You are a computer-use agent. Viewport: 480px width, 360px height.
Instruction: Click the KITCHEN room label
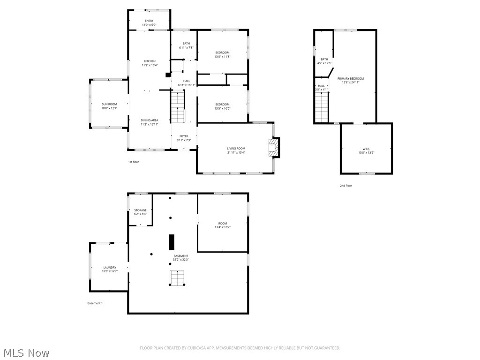pos(150,61)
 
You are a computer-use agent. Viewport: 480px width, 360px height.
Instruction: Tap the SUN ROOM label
pos(109,104)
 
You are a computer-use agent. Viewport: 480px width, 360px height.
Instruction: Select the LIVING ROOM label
pos(236,148)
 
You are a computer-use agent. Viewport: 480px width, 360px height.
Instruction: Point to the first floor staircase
pos(178,107)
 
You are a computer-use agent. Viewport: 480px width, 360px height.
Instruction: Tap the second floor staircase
pos(322,107)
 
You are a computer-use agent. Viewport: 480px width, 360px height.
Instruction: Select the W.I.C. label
pos(366,148)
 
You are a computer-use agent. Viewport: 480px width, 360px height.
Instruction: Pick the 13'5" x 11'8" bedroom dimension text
pos(222,57)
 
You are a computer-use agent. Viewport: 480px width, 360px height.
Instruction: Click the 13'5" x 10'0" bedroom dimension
pos(222,108)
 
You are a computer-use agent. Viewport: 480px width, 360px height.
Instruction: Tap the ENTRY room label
pos(149,21)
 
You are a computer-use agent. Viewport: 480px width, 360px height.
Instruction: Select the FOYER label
pos(184,136)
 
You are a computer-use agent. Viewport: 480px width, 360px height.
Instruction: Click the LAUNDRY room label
pos(109,267)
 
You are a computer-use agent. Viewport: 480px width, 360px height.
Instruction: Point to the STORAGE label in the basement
pos(140,210)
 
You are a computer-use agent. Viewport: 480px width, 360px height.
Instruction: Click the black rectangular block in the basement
pos(172,241)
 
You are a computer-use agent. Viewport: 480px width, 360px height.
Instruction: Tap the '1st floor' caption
pos(134,162)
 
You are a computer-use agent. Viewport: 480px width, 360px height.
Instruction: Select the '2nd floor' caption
pos(346,186)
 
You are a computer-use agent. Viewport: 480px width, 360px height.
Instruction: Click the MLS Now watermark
pos(26,352)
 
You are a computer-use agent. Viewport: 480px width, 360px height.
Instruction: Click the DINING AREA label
pos(150,120)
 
